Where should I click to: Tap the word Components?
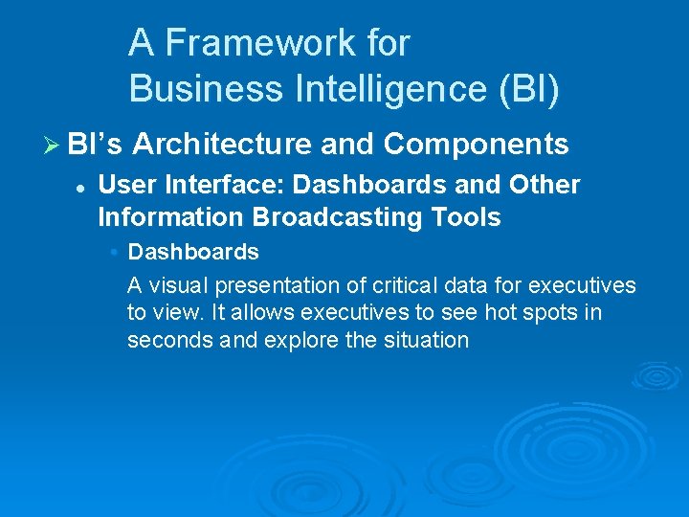point(476,145)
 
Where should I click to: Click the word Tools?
point(465,217)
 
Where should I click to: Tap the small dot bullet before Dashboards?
point(113,253)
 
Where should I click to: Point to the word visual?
point(177,285)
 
